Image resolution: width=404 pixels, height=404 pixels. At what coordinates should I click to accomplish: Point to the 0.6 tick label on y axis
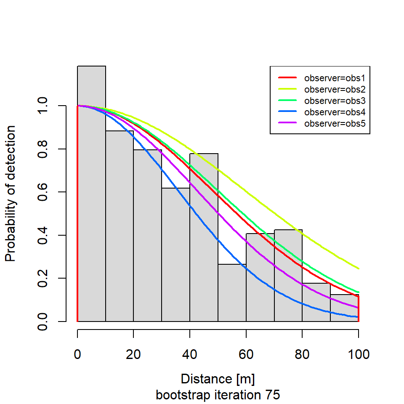43,192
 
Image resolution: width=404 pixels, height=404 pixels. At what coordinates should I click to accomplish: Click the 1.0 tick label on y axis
43,106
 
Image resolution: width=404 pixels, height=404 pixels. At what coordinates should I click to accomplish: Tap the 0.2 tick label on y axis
43,278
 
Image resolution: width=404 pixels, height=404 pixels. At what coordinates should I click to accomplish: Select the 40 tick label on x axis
190,354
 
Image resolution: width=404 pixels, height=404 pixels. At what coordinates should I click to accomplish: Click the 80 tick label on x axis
302,354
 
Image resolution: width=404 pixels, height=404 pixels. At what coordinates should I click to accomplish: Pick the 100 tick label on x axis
358,354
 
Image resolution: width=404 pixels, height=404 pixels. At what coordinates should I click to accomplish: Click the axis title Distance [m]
218,379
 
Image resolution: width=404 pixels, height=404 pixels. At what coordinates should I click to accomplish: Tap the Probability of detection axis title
11,193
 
